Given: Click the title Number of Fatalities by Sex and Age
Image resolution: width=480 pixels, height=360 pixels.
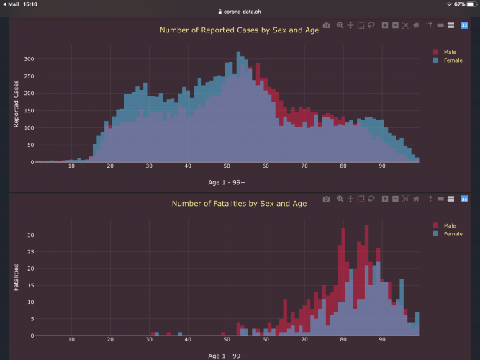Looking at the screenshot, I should (230, 204).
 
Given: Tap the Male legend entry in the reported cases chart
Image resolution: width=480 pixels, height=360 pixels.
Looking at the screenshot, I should (450, 52).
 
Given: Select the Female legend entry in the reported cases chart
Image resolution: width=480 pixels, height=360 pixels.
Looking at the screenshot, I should (453, 60).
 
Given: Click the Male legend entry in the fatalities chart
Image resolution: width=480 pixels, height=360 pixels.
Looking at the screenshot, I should (450, 225).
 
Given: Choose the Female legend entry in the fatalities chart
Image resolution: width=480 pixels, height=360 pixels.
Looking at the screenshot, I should (453, 234).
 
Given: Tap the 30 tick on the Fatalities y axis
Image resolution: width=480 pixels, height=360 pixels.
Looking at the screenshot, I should (30, 235).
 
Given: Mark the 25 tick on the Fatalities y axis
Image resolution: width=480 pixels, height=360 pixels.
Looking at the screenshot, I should (30, 251).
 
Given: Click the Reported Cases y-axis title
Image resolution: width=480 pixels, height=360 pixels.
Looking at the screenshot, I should (16, 104).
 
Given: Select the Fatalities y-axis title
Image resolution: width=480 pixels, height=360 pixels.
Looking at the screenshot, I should (16, 277).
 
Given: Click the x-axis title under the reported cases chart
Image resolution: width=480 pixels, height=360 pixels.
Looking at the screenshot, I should (226, 182).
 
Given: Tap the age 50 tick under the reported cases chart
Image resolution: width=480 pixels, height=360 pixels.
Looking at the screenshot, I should (226, 166).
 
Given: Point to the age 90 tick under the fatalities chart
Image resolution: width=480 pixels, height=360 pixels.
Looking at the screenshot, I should (381, 340).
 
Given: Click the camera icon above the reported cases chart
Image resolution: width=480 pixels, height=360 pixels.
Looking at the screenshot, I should (326, 25).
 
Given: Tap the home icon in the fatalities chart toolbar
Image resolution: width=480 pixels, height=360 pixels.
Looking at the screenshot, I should (416, 199).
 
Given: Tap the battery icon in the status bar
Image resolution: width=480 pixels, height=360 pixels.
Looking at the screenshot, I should (469, 4).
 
